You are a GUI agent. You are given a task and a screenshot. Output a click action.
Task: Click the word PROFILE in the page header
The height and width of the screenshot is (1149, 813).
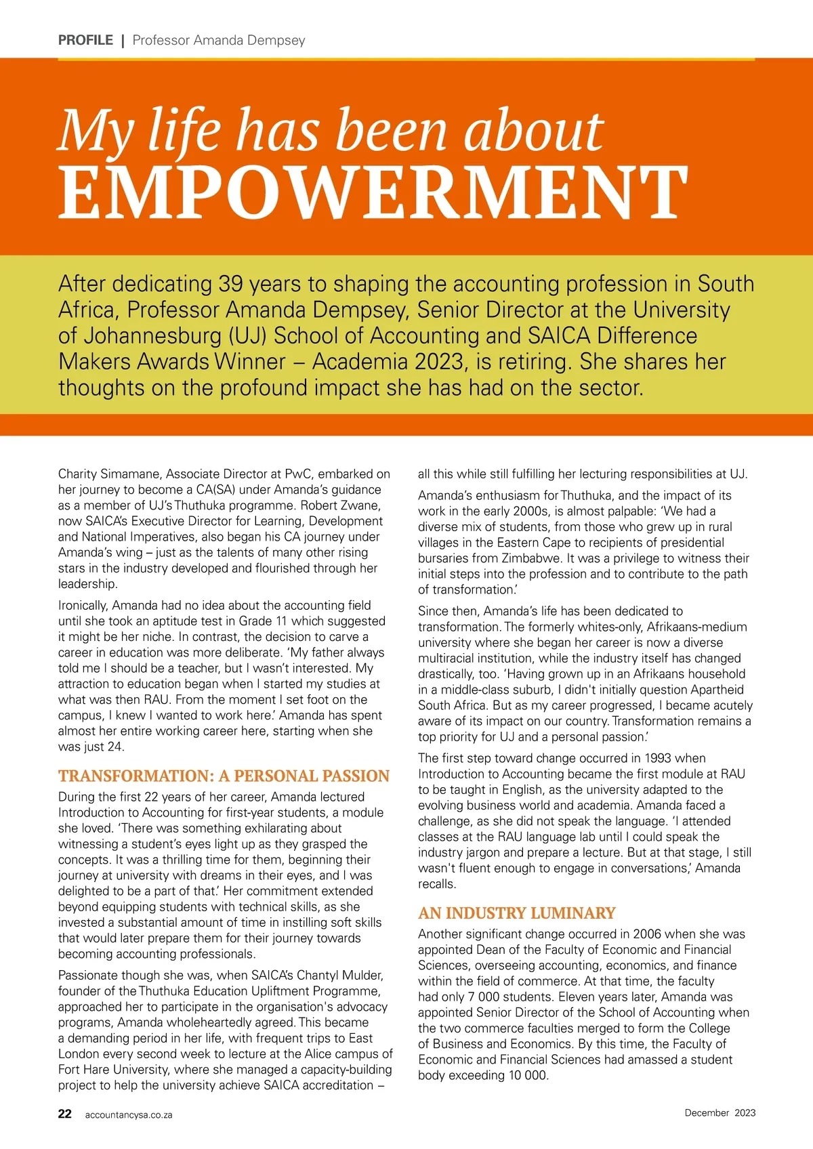[85, 40]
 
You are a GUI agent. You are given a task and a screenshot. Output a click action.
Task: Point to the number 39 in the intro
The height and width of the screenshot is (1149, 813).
[230, 284]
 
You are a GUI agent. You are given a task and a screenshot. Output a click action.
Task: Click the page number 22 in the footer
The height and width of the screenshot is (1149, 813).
[65, 1114]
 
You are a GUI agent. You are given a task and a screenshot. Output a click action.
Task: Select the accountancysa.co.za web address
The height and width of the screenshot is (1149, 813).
[129, 1114]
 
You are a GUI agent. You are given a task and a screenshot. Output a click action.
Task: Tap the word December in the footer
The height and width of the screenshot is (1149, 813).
[707, 1113]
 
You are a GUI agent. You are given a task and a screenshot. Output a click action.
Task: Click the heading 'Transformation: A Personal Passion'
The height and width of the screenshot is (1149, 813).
[224, 776]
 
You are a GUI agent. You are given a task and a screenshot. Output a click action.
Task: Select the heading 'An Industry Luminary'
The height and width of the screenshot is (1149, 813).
[516, 913]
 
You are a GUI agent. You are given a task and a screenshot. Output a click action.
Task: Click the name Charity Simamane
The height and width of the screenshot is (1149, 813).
[111, 474]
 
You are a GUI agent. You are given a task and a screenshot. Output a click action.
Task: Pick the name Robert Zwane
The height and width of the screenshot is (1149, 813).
[341, 505]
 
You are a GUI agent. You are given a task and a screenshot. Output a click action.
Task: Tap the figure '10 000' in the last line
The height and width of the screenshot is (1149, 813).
[527, 1075]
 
